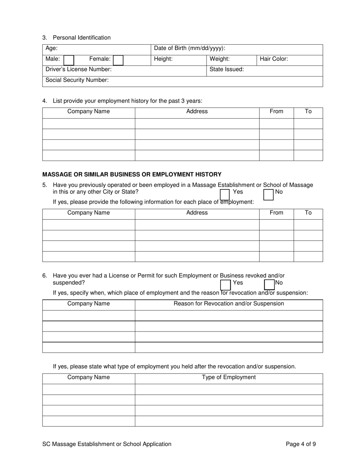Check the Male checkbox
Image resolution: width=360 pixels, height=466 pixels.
click(69, 60)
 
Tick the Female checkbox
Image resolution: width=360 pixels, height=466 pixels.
click(118, 60)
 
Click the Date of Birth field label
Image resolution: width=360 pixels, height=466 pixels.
click(189, 48)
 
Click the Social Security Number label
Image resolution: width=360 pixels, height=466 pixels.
click(77, 80)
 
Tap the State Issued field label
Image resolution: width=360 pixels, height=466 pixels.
click(227, 69)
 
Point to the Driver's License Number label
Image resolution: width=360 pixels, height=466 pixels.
click(78, 69)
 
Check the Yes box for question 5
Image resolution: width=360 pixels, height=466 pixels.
click(225, 194)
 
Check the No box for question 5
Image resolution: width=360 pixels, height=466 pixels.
click(269, 194)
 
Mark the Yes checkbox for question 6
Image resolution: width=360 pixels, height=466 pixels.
click(225, 284)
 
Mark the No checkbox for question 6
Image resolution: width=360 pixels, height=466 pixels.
click(269, 284)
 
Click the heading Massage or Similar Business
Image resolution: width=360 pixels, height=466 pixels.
click(132, 174)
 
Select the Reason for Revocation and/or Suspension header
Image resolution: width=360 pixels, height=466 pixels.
click(229, 303)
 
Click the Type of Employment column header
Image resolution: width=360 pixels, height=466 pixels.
click(229, 377)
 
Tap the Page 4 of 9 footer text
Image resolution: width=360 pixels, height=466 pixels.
click(301, 444)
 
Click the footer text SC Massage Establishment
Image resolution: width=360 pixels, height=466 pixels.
click(107, 444)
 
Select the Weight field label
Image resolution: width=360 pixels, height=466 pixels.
click(219, 59)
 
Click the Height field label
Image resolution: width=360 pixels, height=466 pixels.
click(163, 59)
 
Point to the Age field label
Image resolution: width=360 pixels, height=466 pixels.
click(52, 48)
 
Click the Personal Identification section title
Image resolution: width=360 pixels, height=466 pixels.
click(81, 38)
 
